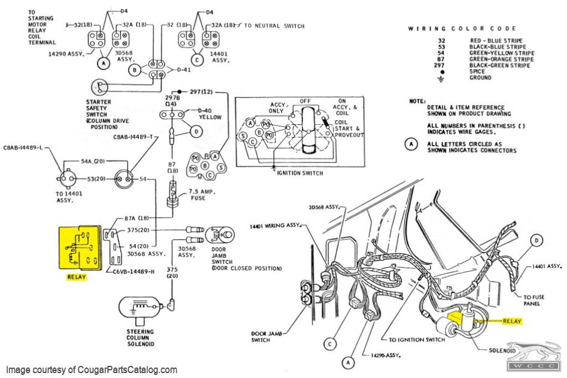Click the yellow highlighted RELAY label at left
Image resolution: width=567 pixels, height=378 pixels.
pyautogui.click(x=76, y=277)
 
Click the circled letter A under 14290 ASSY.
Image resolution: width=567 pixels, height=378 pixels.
pyautogui.click(x=103, y=63)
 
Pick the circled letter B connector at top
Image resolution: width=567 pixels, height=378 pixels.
pyautogui.click(x=134, y=70)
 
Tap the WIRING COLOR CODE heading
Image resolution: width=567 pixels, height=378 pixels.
pyautogui.click(x=462, y=28)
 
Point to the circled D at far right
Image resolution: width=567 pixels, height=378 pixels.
pyautogui.click(x=535, y=241)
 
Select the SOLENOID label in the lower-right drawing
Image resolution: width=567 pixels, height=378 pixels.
pyautogui.click(x=503, y=351)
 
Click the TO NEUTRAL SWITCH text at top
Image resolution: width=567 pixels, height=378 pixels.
pyautogui.click(x=274, y=26)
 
